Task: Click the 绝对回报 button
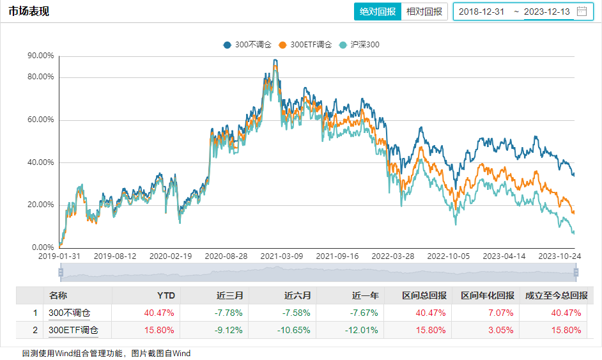[378, 12]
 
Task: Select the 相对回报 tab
[424, 12]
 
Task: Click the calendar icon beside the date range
[582, 11]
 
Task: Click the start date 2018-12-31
[482, 12]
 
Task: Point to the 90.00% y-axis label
[40, 56]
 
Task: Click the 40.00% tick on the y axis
[40, 162]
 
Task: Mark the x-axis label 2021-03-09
[282, 256]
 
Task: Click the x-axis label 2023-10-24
[560, 256]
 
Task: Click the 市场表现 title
[29, 12]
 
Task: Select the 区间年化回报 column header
[488, 295]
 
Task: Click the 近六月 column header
[297, 295]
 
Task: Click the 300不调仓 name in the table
[70, 313]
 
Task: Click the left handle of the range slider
[61, 272]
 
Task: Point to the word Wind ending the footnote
[181, 353]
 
